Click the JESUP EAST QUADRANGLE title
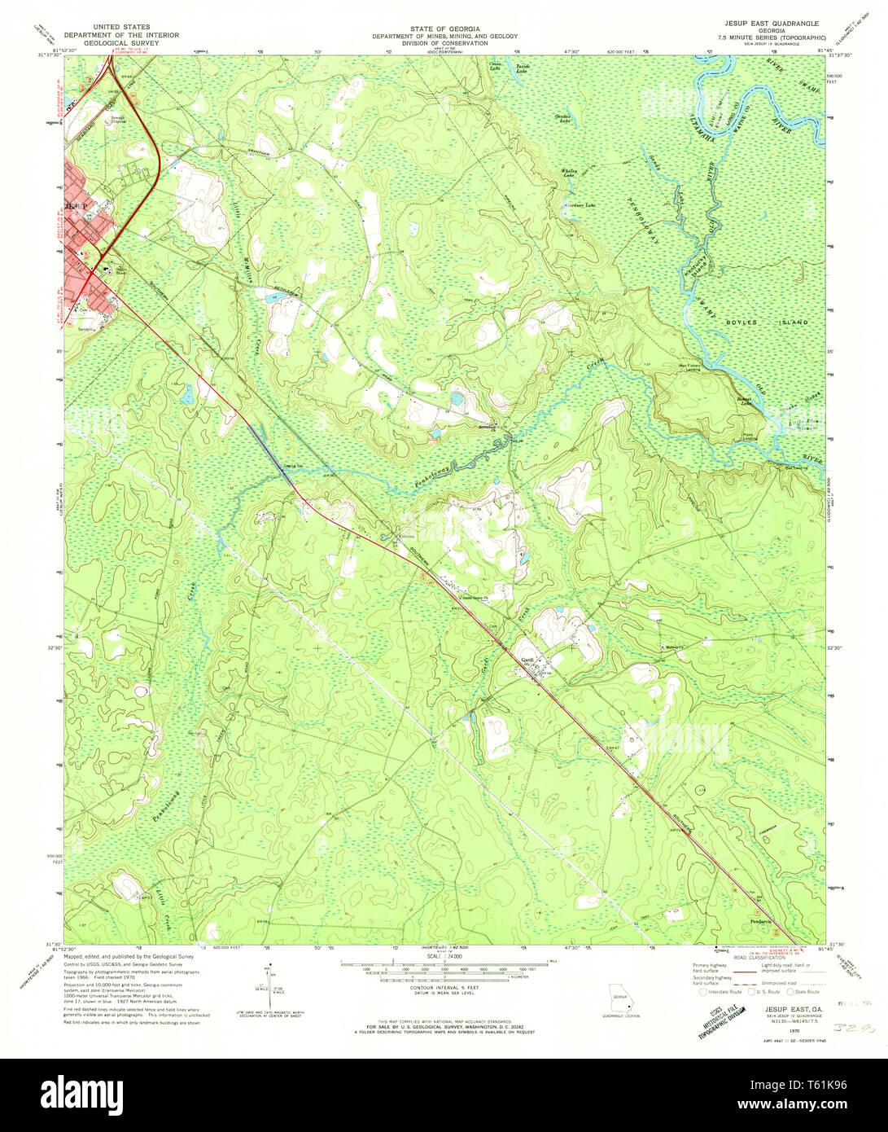[765, 24]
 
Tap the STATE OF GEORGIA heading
[444, 28]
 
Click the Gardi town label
[527, 660]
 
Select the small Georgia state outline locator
[620, 998]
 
